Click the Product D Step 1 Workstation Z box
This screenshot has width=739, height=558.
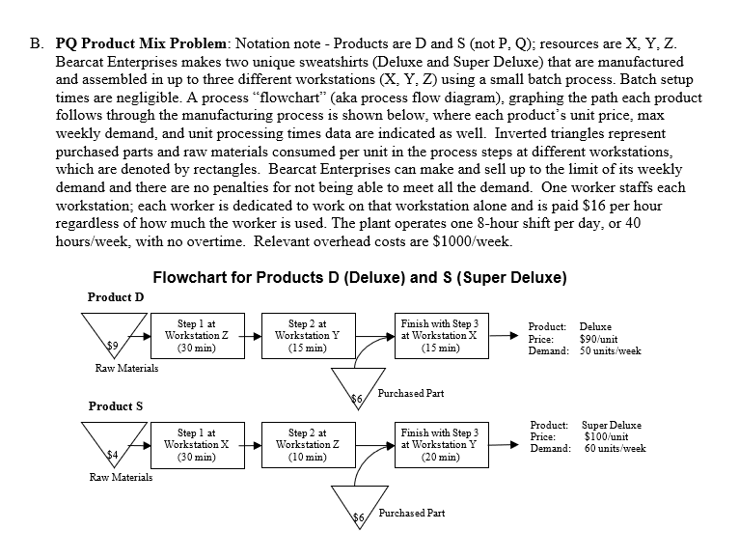point(197,334)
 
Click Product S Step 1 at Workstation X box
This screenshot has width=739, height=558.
point(197,445)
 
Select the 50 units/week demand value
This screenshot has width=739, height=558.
point(610,350)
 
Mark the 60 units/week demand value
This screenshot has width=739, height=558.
point(615,449)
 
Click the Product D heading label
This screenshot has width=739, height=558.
point(116,296)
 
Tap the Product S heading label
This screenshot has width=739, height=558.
point(115,406)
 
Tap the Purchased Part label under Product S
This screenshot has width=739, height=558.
point(412,514)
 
